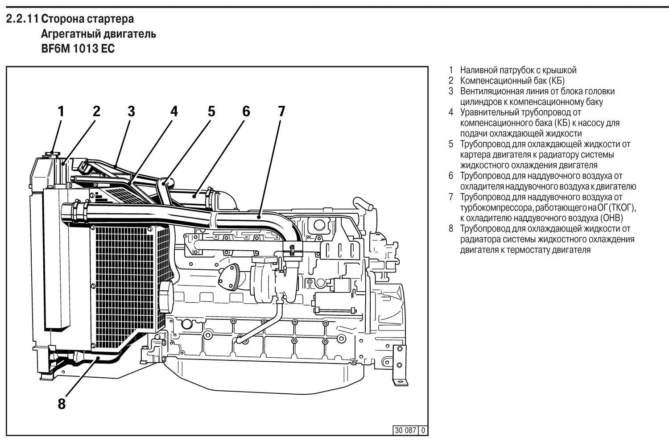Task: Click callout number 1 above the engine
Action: pos(61,111)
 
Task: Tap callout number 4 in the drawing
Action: pos(174,111)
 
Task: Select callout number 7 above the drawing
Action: pos(281,111)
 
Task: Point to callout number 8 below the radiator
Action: pos(62,404)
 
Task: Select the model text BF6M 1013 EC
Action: pos(78,49)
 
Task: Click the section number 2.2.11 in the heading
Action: pos(21,19)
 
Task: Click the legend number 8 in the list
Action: pos(451,229)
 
